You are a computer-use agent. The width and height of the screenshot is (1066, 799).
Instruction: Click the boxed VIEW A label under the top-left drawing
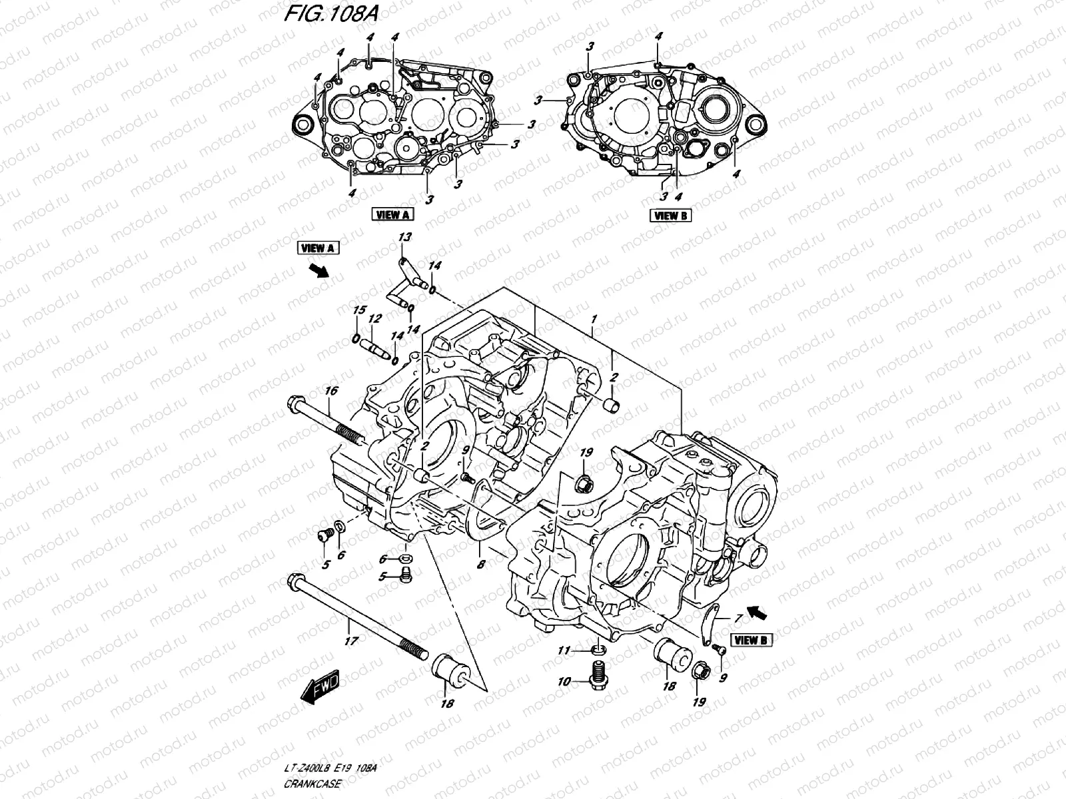tap(392, 214)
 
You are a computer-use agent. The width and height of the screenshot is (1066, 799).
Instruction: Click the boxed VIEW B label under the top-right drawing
tap(670, 214)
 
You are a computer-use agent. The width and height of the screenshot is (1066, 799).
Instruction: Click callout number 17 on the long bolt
tap(350, 641)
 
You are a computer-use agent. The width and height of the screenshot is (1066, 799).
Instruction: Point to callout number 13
tap(404, 237)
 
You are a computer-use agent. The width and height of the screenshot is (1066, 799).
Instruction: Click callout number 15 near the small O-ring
tap(359, 310)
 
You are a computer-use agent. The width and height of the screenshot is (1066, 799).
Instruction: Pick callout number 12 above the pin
tap(374, 319)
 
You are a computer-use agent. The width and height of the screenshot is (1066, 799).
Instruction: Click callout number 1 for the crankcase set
tap(593, 319)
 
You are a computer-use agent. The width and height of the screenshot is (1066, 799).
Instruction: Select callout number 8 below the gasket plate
tap(480, 564)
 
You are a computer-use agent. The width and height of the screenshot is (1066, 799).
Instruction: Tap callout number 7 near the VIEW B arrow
tap(738, 619)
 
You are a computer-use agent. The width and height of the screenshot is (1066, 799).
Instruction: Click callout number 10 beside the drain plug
tap(564, 681)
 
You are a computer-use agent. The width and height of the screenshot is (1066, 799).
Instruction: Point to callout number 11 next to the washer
tap(564, 651)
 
